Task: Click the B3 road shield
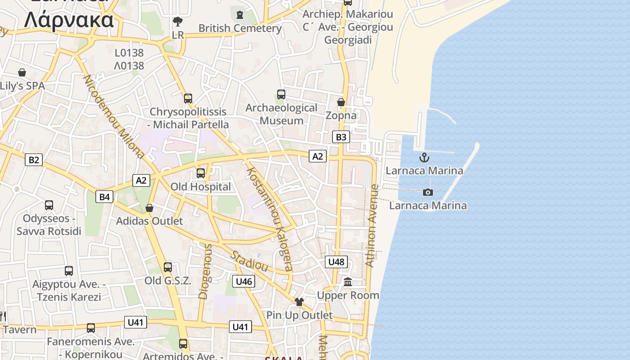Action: [x=341, y=137]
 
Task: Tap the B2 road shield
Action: [x=34, y=159]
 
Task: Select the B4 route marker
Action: [x=104, y=197]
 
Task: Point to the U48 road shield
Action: [x=336, y=261]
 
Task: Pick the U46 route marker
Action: [x=244, y=282]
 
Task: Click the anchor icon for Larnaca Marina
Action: [x=424, y=157]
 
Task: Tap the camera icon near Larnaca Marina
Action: [x=428, y=192]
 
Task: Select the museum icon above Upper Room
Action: [x=348, y=282]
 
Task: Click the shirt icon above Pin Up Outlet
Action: [x=299, y=301]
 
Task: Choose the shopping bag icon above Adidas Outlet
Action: [x=149, y=208]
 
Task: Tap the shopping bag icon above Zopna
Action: [x=341, y=102]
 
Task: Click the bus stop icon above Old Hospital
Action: [x=201, y=173]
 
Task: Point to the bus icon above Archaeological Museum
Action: [x=281, y=94]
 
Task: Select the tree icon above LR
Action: [x=178, y=21]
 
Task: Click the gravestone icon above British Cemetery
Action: [x=240, y=15]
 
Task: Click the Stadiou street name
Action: [x=249, y=261]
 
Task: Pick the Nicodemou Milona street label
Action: [x=113, y=116]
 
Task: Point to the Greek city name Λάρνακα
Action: [x=69, y=20]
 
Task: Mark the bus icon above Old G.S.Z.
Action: [x=168, y=267]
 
